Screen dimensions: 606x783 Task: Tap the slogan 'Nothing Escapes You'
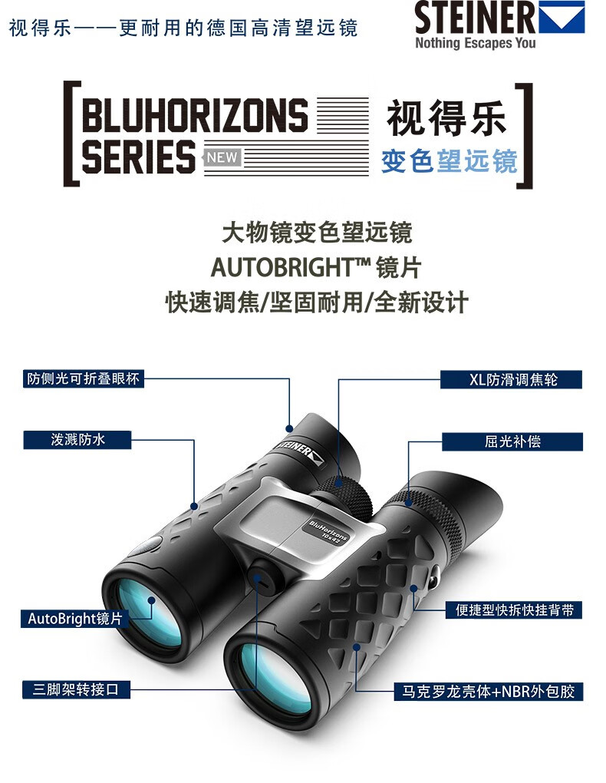[476, 44]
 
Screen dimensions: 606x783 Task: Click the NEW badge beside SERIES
[223, 158]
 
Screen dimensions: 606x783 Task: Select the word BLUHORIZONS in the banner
[194, 116]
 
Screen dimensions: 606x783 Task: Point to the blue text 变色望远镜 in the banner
[450, 160]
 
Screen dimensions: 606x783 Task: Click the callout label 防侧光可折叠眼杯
[84, 378]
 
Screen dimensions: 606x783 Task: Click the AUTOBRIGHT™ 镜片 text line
[316, 267]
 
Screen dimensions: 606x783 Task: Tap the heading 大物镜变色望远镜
[316, 233]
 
